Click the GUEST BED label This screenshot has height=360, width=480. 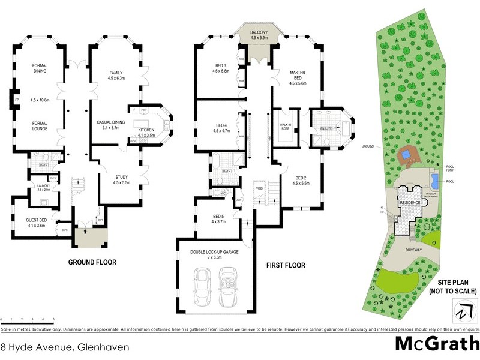(37, 221)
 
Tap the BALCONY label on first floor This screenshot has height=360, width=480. (260, 32)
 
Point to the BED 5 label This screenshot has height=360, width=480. (218, 217)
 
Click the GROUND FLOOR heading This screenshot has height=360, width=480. (92, 262)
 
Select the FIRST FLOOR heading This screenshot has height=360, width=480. (286, 265)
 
